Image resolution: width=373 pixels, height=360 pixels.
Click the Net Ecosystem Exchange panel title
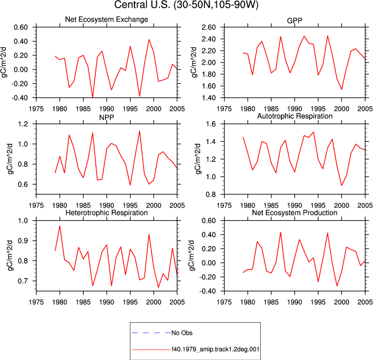pyautogui.click(x=107, y=19)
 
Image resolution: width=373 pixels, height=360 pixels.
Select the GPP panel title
pyautogui.click(x=294, y=21)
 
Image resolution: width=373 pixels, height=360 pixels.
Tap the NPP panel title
pyautogui.click(x=107, y=118)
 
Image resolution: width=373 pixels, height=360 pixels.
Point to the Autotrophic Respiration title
pyautogui.click(x=295, y=116)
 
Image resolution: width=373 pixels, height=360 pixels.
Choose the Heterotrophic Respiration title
pyautogui.click(x=107, y=212)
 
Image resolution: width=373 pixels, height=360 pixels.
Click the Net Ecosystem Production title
pyautogui.click(x=294, y=212)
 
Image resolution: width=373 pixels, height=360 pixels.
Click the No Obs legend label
pyautogui.click(x=182, y=333)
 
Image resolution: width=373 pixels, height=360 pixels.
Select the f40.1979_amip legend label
pyautogui.click(x=216, y=349)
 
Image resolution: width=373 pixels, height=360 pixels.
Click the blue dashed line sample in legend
pyautogui.click(x=151, y=333)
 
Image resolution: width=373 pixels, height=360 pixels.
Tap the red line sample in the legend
pyautogui.click(x=151, y=350)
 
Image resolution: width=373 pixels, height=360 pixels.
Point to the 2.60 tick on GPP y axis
pyautogui.click(x=208, y=27)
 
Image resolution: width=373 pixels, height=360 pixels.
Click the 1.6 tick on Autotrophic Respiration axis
pyautogui.click(x=211, y=124)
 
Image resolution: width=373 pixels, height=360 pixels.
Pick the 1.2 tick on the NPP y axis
pyautogui.click(x=23, y=124)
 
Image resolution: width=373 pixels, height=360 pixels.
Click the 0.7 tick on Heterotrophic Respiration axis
pyautogui.click(x=23, y=281)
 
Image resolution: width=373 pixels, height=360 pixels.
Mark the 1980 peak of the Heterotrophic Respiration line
pyautogui.click(x=59, y=226)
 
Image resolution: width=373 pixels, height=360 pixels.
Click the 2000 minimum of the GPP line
pyautogui.click(x=341, y=89)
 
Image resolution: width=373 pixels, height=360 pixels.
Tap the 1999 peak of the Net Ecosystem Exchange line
pyautogui.click(x=149, y=39)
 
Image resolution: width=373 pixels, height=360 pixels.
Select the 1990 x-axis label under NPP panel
pyautogui.click(x=107, y=205)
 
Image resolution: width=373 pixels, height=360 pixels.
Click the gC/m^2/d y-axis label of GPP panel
pyautogui.click(x=194, y=62)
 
